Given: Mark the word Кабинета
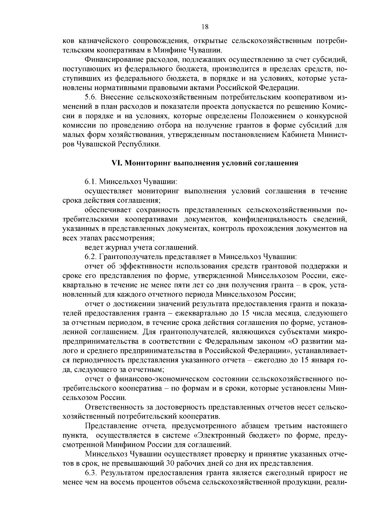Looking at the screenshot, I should click(299, 135).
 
